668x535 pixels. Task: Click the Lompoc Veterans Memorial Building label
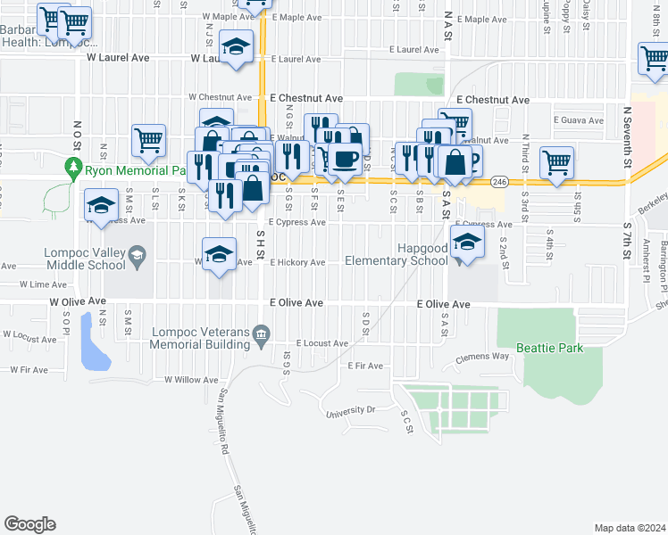pos(200,335)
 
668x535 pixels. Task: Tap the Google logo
pos(29,524)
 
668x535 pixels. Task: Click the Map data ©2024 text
pos(630,528)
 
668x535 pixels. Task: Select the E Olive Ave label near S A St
pos(444,304)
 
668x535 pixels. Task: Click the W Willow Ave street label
pos(191,379)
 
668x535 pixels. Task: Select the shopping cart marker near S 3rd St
pos(556,162)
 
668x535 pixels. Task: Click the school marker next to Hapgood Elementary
pos(467,241)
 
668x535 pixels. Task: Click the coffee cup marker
pos(347,159)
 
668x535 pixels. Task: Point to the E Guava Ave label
pos(580,119)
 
